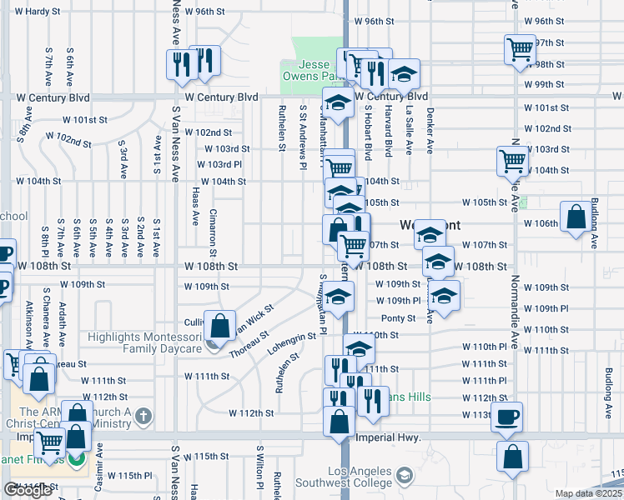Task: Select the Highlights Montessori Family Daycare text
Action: point(146,343)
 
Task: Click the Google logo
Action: point(28,490)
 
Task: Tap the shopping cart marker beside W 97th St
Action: point(520,48)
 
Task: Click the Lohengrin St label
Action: point(292,344)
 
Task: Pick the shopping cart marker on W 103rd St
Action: point(512,161)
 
